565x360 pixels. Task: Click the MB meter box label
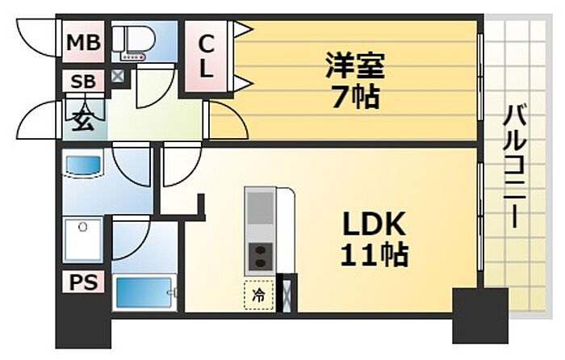(83, 42)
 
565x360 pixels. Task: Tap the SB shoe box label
(83, 82)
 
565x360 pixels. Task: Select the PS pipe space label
(83, 282)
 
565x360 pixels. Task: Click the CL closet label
(206, 56)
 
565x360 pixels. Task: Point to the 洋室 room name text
(355, 65)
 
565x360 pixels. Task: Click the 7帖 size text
(355, 97)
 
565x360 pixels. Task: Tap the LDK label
(374, 224)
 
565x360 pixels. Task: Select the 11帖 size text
(374, 255)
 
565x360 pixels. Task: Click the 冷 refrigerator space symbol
(258, 295)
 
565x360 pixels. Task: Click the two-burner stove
(260, 257)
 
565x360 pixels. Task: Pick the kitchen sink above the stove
(260, 207)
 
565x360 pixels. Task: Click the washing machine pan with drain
(83, 239)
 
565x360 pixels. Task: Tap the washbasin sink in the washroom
(83, 165)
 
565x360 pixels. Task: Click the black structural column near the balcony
(480, 316)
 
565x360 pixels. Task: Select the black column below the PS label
(83, 320)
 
